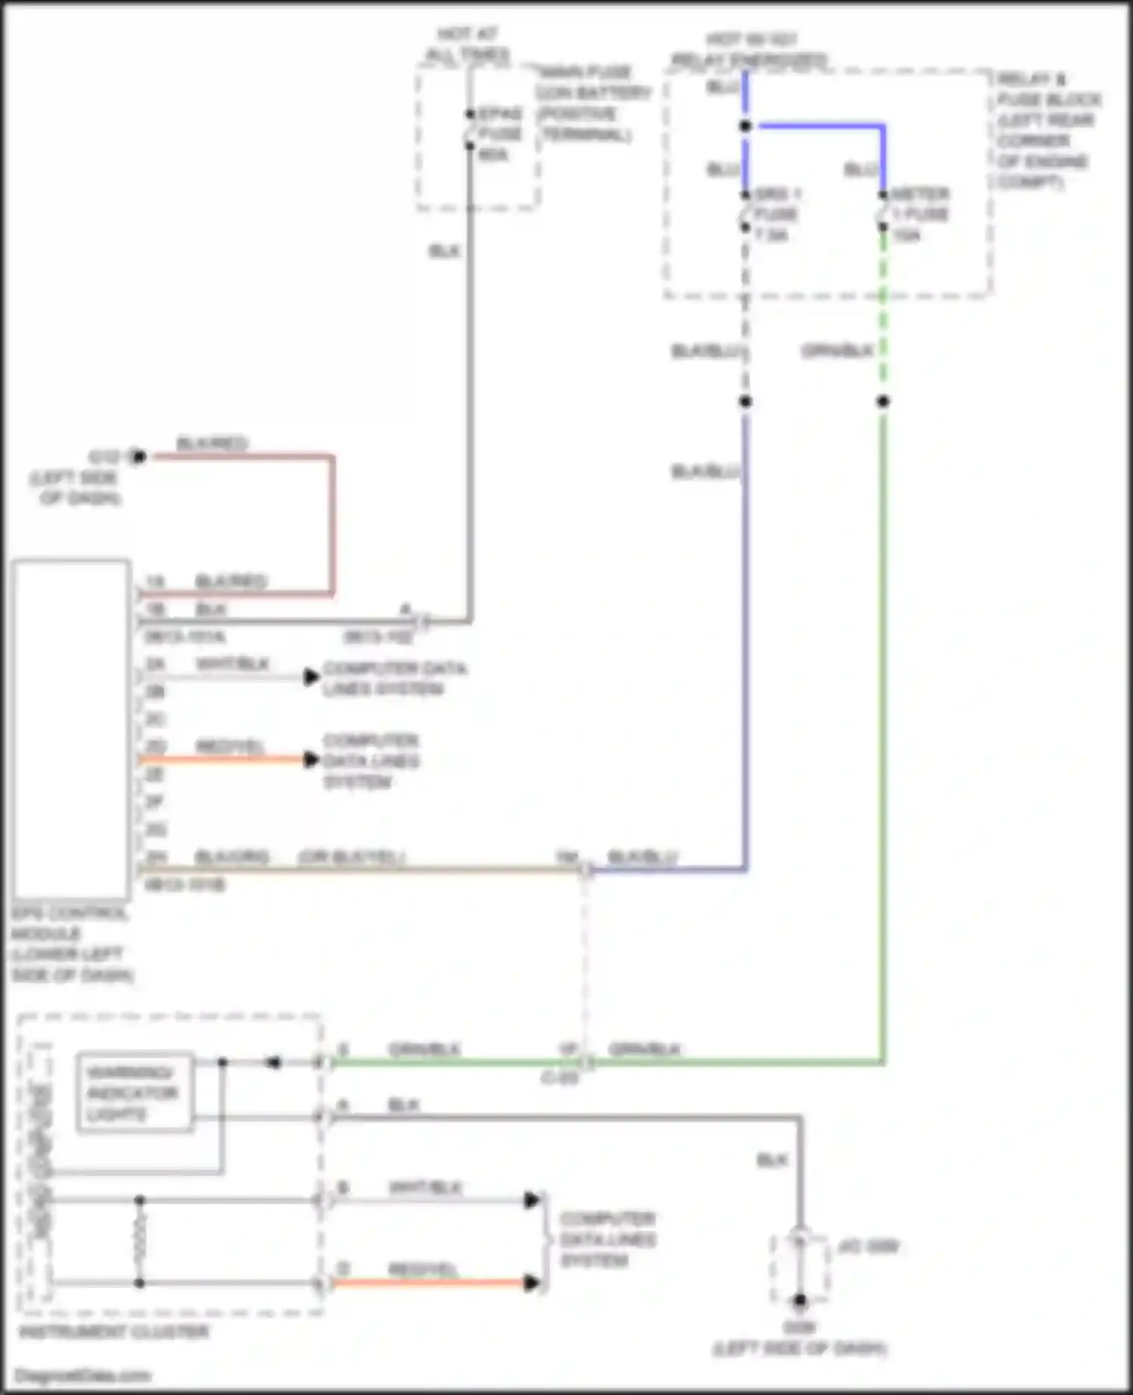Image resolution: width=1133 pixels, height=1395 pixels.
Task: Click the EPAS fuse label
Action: coord(499,135)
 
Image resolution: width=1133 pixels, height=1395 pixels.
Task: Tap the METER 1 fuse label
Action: coord(918,215)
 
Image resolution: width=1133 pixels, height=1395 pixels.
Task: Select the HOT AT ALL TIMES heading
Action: coord(468,45)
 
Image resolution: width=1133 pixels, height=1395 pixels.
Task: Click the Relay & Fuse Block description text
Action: coord(1046,131)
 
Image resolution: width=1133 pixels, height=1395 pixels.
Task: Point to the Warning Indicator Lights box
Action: coord(134,1092)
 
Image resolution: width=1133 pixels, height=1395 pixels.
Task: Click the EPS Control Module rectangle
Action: coord(70,729)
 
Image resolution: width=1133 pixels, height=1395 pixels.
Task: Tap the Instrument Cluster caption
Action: coord(113,1332)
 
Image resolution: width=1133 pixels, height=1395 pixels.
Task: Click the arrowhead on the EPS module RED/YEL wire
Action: coord(310,759)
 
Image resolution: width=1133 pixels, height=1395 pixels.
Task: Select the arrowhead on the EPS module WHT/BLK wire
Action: coord(310,677)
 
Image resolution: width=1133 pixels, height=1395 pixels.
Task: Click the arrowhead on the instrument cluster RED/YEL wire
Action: coord(532,1282)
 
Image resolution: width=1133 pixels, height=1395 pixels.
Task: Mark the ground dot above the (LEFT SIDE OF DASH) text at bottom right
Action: coord(799,1301)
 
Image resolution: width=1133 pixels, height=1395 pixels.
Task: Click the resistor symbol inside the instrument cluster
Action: coord(140,1241)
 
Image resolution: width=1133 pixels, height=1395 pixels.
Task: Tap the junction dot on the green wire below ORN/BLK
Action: coord(883,401)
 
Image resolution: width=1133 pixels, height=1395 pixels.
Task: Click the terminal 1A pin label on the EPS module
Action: coord(154,582)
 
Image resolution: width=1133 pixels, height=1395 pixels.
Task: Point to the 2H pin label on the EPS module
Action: coord(156,857)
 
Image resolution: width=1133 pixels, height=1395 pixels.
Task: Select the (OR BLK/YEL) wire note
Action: coord(352,857)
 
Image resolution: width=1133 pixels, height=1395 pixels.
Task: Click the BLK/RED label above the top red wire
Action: coord(211,443)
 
